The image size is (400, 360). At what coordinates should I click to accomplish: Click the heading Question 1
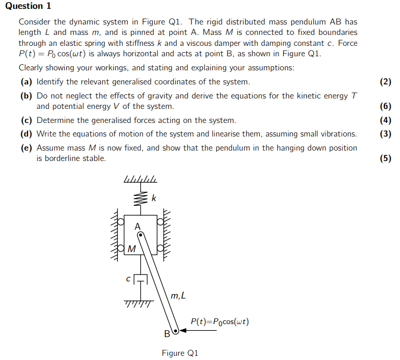pyautogui.click(x=28, y=6)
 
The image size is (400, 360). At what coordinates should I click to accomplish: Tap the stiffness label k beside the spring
pyautogui.click(x=153, y=198)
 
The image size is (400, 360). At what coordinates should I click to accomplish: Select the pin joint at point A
pyautogui.click(x=140, y=235)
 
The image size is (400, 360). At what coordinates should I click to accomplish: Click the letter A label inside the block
pyautogui.click(x=137, y=227)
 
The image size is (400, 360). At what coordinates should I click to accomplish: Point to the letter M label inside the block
pyautogui.click(x=131, y=249)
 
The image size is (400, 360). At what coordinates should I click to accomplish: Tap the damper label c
pyautogui.click(x=128, y=279)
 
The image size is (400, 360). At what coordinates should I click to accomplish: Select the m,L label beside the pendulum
pyautogui.click(x=178, y=296)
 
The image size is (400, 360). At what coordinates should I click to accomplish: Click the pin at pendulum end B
pyautogui.click(x=176, y=330)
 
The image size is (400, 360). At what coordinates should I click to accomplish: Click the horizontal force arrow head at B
pyautogui.click(x=183, y=330)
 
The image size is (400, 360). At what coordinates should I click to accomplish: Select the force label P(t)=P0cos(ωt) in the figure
pyautogui.click(x=220, y=321)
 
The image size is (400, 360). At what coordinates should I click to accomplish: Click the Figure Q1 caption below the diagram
pyautogui.click(x=180, y=353)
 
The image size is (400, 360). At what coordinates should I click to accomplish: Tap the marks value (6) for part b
pyautogui.click(x=385, y=106)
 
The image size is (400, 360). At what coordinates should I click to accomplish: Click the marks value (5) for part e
pyautogui.click(x=385, y=158)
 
